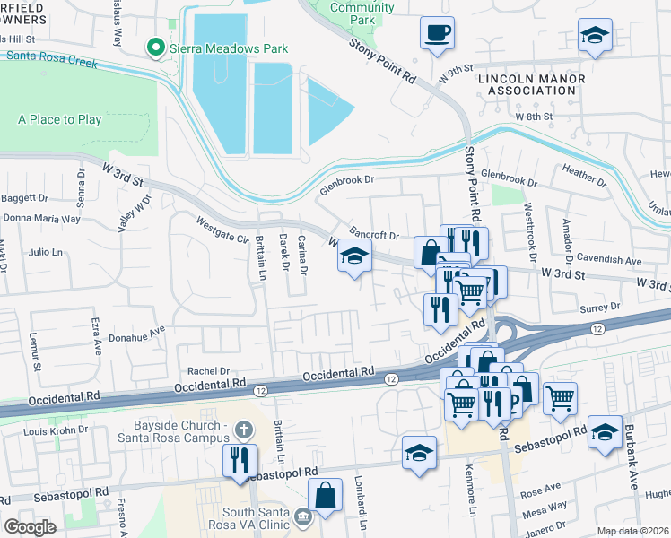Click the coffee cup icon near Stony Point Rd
(x=437, y=33)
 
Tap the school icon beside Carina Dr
(x=354, y=257)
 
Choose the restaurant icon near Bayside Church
(x=240, y=461)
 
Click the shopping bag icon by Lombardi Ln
(x=325, y=494)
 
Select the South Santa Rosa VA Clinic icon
(x=303, y=516)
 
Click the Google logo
(x=30, y=527)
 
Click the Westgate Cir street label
(x=222, y=228)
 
